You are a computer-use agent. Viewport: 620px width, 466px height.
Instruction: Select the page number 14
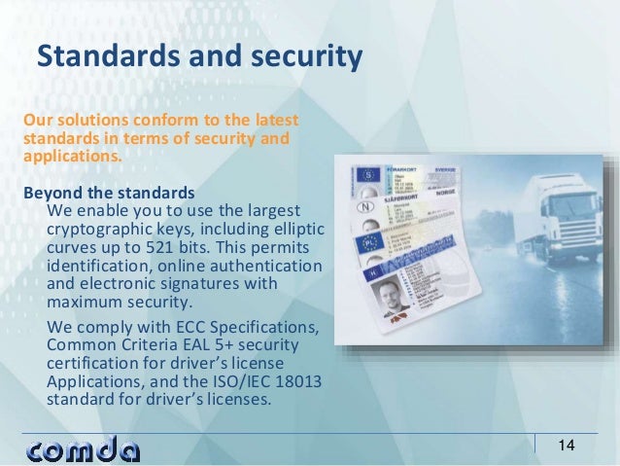point(566,446)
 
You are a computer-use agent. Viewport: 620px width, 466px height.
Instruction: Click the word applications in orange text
point(66,156)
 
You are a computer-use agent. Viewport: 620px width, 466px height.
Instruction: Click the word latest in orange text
point(273,121)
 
